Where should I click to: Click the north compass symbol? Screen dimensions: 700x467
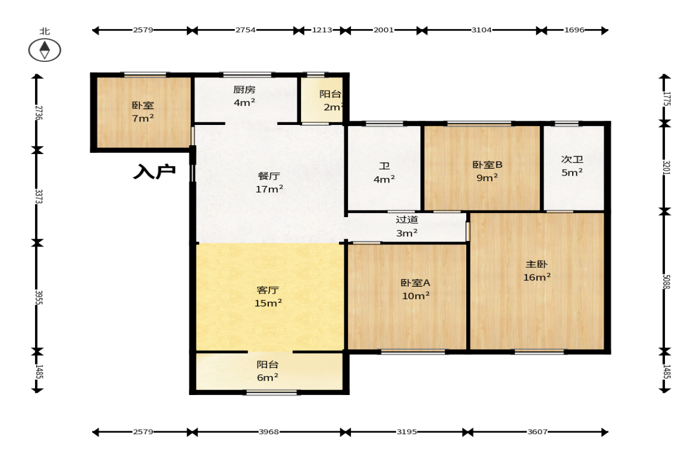45,49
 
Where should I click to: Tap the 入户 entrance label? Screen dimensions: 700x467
154,171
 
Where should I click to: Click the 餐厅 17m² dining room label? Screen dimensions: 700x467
269,183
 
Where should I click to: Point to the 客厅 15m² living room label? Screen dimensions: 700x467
268,296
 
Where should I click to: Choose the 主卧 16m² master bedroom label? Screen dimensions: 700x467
536,271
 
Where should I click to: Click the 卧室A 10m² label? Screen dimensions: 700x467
416,289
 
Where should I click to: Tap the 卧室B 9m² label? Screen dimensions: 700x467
487,171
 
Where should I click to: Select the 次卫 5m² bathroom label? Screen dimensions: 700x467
572,165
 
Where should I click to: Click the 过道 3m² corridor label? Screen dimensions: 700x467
407,226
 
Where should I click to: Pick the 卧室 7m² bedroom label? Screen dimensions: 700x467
143,112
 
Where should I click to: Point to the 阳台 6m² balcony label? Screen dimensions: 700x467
268,371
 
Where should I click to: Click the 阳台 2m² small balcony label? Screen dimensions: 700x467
332,101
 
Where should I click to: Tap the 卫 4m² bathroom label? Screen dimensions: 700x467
384,173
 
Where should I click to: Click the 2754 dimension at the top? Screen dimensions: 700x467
246,30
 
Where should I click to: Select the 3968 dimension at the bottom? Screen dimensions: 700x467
269,432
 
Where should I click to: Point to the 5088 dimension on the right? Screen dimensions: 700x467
665,282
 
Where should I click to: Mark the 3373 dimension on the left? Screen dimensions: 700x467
39,196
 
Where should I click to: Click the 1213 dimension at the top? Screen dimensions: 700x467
322,30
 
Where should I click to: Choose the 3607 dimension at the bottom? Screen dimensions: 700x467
537,432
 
